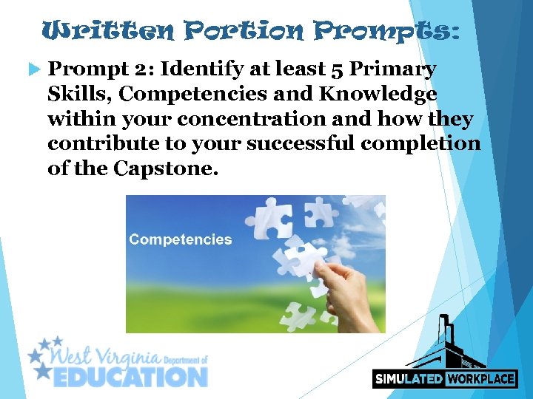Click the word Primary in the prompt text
393,69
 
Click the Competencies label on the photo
180,239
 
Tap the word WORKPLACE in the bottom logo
480,378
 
